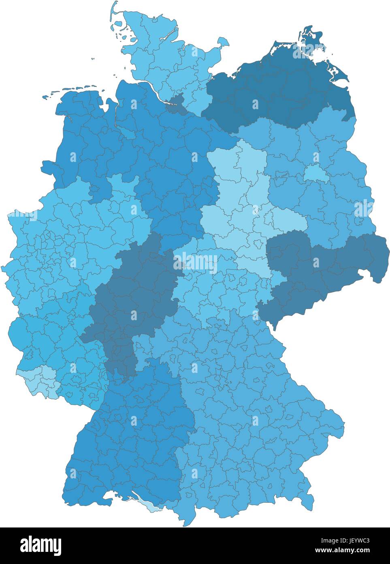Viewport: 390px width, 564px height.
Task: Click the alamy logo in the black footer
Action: point(41,545)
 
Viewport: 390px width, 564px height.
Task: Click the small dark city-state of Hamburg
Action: point(175,105)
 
